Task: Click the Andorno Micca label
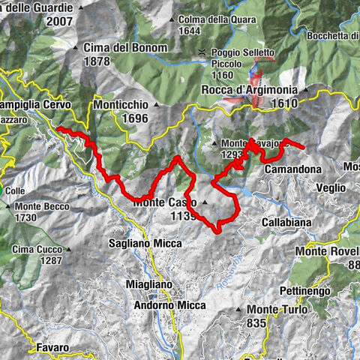[x=170, y=305]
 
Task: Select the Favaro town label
[x=52, y=348]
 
